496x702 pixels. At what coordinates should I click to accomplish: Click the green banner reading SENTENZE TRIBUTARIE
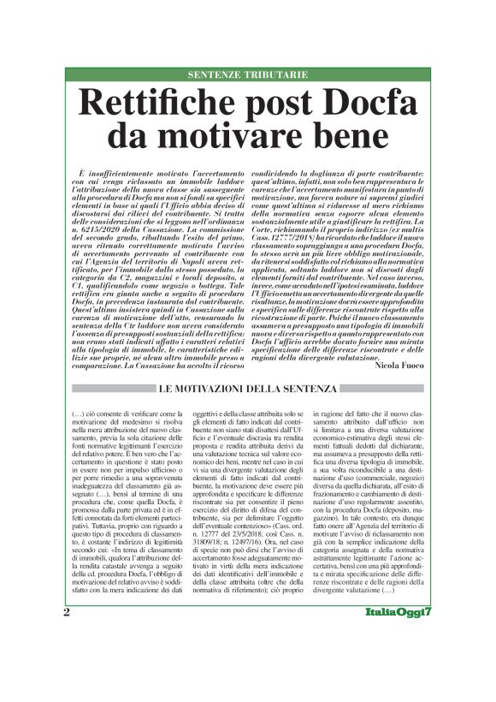point(247,75)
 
